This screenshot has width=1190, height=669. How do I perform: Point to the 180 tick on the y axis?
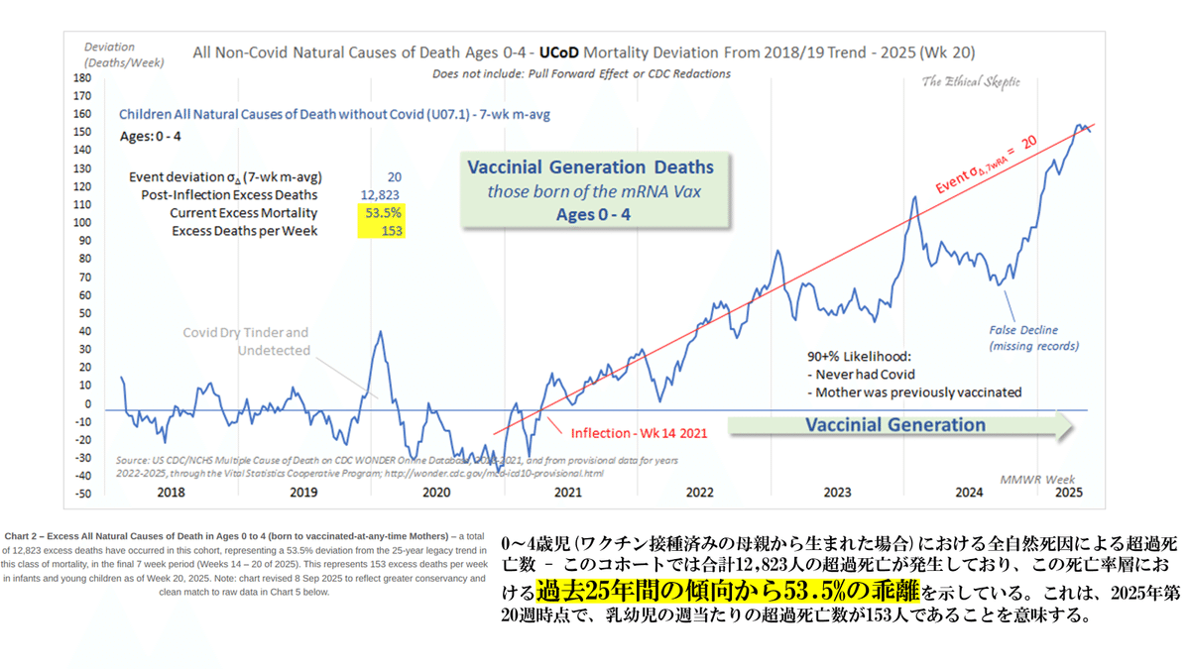82,78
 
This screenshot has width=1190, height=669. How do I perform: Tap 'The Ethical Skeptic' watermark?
969,82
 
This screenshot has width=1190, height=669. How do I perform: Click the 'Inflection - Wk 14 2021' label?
638,433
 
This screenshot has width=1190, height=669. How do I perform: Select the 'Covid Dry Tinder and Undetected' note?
245,341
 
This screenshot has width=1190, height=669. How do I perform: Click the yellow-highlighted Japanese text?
728,593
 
